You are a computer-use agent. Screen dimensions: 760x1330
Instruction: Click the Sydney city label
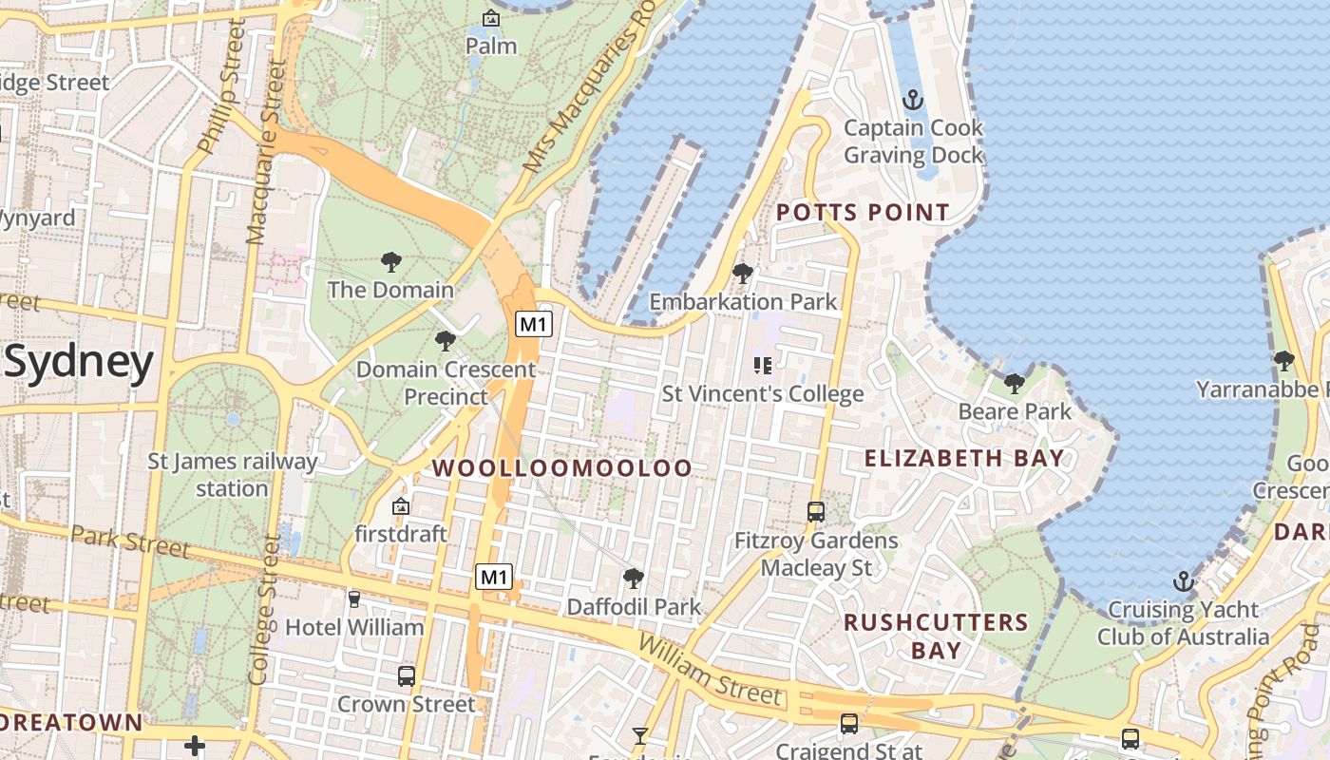click(x=79, y=363)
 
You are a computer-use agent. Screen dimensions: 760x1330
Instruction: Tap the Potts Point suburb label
click(x=864, y=212)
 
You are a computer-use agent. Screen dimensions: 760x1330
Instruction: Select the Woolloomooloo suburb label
click(x=562, y=467)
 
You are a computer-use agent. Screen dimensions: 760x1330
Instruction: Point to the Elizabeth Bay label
click(x=964, y=458)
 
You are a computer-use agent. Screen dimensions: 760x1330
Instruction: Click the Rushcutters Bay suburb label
click(x=936, y=636)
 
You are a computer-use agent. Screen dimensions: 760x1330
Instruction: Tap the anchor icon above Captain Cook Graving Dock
click(x=912, y=99)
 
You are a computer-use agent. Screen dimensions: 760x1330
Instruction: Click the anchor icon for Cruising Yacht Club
click(x=1183, y=580)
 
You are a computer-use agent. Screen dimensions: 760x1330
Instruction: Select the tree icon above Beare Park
click(x=1015, y=384)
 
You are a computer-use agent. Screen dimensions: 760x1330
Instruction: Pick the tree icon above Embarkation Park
click(x=743, y=274)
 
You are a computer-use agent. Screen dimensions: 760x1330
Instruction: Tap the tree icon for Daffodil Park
click(x=634, y=578)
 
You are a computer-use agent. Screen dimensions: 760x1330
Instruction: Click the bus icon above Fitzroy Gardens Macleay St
click(x=816, y=512)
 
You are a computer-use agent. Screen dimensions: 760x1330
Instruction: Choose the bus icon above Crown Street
click(x=407, y=675)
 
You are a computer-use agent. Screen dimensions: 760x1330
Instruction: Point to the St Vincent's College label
click(x=763, y=393)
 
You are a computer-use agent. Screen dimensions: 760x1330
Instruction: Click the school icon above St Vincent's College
click(x=762, y=365)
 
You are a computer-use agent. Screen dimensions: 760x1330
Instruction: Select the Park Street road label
click(x=130, y=541)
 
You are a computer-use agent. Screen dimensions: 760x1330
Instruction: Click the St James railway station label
click(x=233, y=475)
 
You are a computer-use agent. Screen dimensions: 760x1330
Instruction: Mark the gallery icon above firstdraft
click(x=401, y=506)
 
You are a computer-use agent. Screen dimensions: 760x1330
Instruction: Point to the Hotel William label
click(x=354, y=627)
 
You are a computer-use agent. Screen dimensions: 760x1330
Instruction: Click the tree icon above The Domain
click(x=390, y=261)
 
